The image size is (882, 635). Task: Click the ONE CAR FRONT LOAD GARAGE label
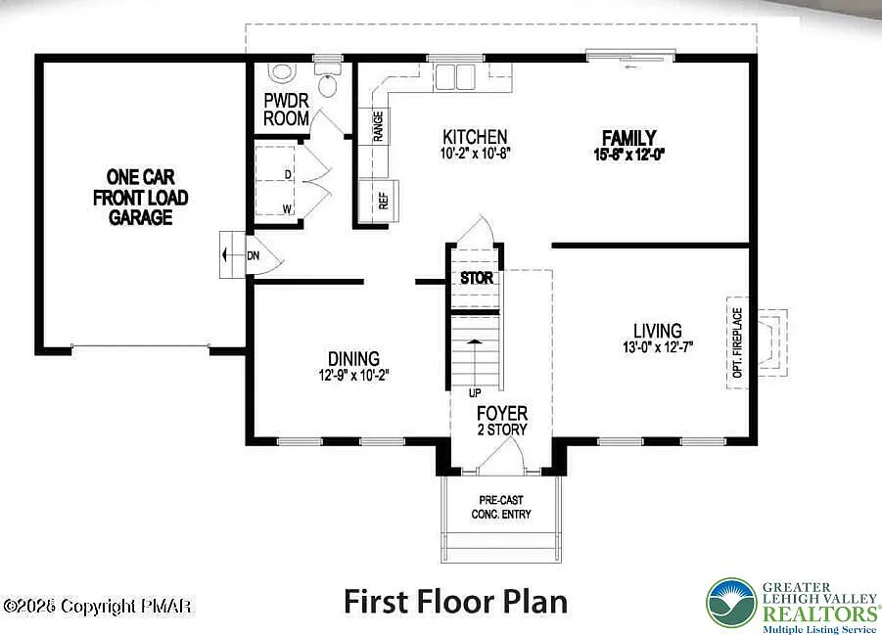(x=141, y=197)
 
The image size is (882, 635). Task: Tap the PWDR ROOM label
(x=287, y=110)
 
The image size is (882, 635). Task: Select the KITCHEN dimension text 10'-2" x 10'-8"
(x=476, y=154)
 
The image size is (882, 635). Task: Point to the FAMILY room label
(x=628, y=138)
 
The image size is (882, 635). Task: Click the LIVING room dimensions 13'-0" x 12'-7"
(x=657, y=347)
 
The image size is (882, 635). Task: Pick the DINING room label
(x=354, y=359)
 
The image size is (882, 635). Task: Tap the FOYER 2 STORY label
(x=501, y=421)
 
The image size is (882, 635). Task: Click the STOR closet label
(x=477, y=278)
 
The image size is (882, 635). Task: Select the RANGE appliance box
(x=378, y=126)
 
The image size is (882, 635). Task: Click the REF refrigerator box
(x=383, y=200)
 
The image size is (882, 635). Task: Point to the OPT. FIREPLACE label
(x=738, y=342)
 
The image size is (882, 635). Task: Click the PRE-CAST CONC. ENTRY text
(x=501, y=506)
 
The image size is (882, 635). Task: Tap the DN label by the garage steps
(x=253, y=255)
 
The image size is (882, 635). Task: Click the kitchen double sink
(x=454, y=77)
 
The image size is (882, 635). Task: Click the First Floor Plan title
(x=455, y=600)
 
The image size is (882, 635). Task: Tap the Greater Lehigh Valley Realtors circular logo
(x=731, y=602)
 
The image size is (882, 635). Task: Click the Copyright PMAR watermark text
(x=98, y=608)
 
